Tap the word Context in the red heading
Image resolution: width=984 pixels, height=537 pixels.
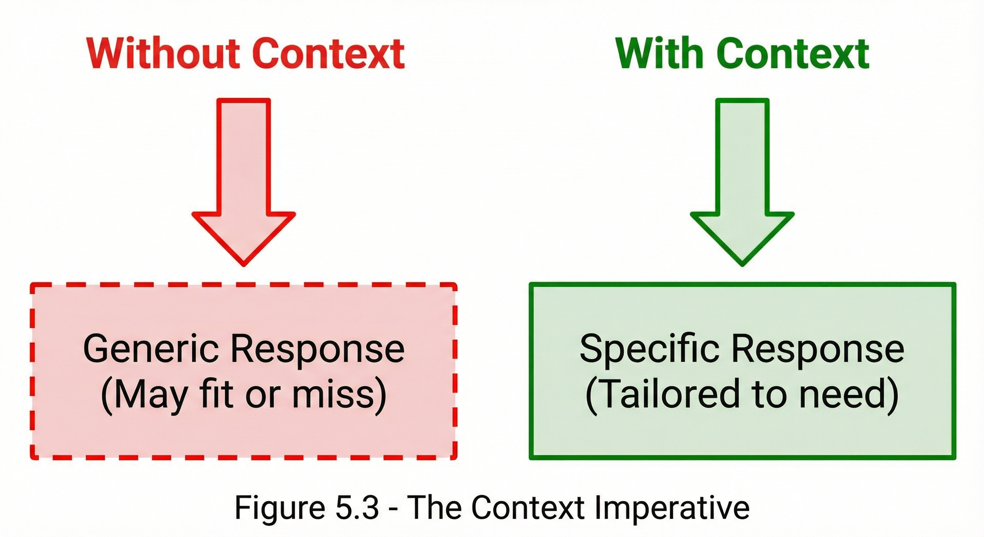[x=328, y=53]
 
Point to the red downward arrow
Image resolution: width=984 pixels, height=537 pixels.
[x=244, y=184]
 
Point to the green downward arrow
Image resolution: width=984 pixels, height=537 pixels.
[x=742, y=184]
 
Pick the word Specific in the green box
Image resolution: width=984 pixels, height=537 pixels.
[x=649, y=349]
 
